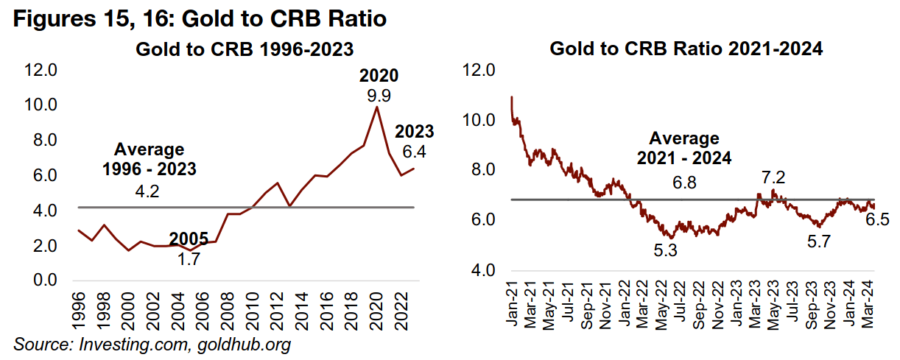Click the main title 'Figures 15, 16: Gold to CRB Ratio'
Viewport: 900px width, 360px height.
point(200,18)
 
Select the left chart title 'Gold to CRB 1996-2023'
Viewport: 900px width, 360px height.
point(244,49)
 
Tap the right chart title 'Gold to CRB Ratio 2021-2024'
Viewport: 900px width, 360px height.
point(686,49)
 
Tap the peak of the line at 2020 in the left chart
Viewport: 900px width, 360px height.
point(378,107)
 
